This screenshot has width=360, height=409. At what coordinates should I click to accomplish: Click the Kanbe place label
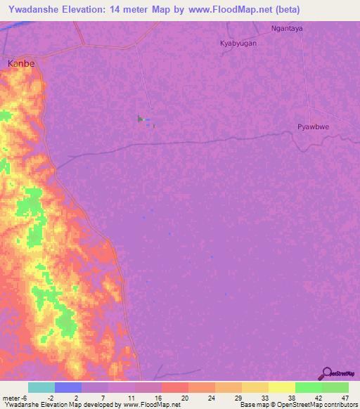pyautogui.click(x=20, y=63)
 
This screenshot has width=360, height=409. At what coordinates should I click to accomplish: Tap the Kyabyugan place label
pyautogui.click(x=238, y=43)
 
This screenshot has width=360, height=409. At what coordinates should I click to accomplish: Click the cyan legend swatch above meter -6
pyautogui.click(x=41, y=387)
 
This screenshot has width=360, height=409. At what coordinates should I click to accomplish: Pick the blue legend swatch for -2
pyautogui.click(x=68, y=387)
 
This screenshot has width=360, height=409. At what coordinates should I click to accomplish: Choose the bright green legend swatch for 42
pyautogui.click(x=309, y=387)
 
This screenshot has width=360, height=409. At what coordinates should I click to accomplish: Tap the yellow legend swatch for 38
pyautogui.click(x=282, y=387)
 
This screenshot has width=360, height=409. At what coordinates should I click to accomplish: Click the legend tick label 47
pyautogui.click(x=345, y=397)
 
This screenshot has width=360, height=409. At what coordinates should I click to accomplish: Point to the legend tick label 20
pyautogui.click(x=184, y=397)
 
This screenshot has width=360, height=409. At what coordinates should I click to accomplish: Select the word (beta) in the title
pyautogui.click(x=284, y=10)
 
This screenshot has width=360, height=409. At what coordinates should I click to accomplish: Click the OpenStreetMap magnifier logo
pyautogui.click(x=326, y=373)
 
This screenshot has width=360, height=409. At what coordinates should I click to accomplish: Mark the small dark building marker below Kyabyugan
pyautogui.click(x=141, y=119)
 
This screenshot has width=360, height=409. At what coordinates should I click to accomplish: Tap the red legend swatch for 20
pyautogui.click(x=175, y=387)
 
